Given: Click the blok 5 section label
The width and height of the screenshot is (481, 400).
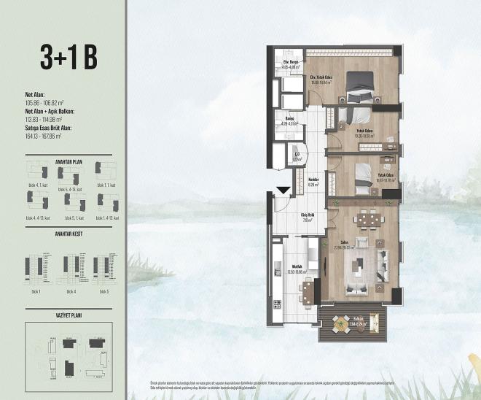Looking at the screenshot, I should point(103,291).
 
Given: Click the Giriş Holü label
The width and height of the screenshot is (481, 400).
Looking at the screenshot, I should point(307,215).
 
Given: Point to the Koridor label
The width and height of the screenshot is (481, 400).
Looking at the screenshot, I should point(313,181).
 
